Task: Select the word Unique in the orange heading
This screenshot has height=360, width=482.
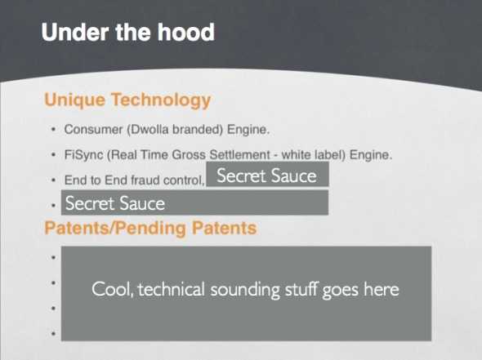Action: click(x=75, y=100)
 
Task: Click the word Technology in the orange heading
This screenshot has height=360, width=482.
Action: click(x=161, y=100)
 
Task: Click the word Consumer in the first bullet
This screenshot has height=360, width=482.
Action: click(x=93, y=130)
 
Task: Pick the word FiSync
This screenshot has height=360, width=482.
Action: click(x=83, y=155)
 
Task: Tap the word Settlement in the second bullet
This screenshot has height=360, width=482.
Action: click(x=239, y=155)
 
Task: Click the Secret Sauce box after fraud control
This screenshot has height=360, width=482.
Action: click(x=267, y=174)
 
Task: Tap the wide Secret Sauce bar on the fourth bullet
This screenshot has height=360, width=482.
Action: click(x=195, y=202)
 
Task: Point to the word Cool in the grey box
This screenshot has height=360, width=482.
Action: click(x=113, y=289)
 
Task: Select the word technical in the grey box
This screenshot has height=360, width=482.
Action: click(x=172, y=289)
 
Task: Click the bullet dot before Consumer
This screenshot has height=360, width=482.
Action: click(x=54, y=129)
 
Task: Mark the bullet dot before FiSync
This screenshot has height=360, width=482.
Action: click(x=54, y=154)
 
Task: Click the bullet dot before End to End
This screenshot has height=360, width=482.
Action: click(x=54, y=180)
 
